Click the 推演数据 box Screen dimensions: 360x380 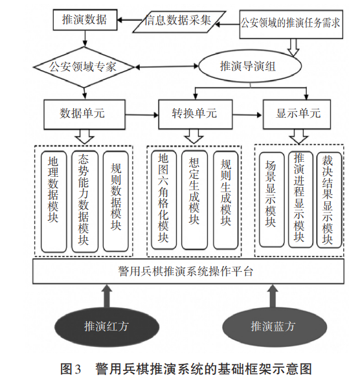(x=85, y=20)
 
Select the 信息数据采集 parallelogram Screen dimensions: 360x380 (x=179, y=21)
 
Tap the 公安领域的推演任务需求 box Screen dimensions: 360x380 (x=291, y=24)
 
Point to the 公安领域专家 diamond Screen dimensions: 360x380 (x=84, y=67)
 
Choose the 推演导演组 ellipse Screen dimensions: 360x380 (x=250, y=66)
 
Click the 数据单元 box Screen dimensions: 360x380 (x=84, y=114)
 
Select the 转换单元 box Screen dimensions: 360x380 (x=196, y=114)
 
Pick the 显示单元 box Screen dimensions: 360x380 (x=297, y=114)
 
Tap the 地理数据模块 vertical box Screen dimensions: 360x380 (x=54, y=201)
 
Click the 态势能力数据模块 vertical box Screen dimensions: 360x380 (x=85, y=201)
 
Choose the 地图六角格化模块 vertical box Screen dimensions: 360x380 (x=164, y=200)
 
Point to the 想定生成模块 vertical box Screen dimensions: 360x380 (x=194, y=200)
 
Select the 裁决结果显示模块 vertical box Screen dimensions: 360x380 (x=329, y=200)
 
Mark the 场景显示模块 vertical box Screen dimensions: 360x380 (x=271, y=199)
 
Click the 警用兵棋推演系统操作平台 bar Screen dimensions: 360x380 (x=188, y=271)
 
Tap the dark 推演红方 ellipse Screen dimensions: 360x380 (x=107, y=326)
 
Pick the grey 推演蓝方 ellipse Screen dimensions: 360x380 (x=275, y=326)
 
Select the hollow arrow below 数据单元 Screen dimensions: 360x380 (x=84, y=137)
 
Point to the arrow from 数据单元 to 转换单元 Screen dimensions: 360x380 (x=142, y=115)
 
